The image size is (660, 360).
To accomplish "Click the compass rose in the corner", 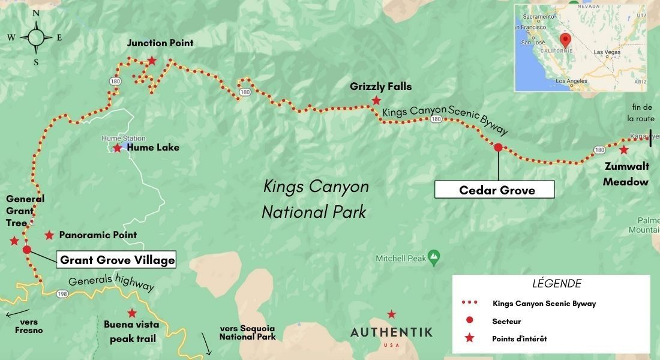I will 35,37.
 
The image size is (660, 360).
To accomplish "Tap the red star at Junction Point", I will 152,61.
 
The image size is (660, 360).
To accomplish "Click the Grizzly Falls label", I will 381,86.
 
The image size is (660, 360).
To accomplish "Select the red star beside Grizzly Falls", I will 376,100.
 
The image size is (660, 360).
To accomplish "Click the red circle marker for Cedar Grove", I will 497,147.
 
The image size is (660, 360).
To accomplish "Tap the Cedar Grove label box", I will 494,190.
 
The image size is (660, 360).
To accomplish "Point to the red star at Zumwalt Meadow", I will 624,149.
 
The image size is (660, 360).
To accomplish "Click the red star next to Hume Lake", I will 117,148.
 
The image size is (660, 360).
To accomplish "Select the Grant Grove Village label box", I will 118,260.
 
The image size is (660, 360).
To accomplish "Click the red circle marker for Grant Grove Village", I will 26,250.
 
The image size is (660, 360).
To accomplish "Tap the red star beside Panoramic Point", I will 49,235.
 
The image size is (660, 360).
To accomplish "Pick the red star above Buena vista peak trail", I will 131,313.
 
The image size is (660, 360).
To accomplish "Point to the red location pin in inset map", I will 564,41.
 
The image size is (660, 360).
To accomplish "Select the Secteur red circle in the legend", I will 469,321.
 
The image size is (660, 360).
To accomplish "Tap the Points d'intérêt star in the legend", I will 469,338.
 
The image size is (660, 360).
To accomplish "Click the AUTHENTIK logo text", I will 391,332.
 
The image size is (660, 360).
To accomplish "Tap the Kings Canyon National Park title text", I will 316,199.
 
